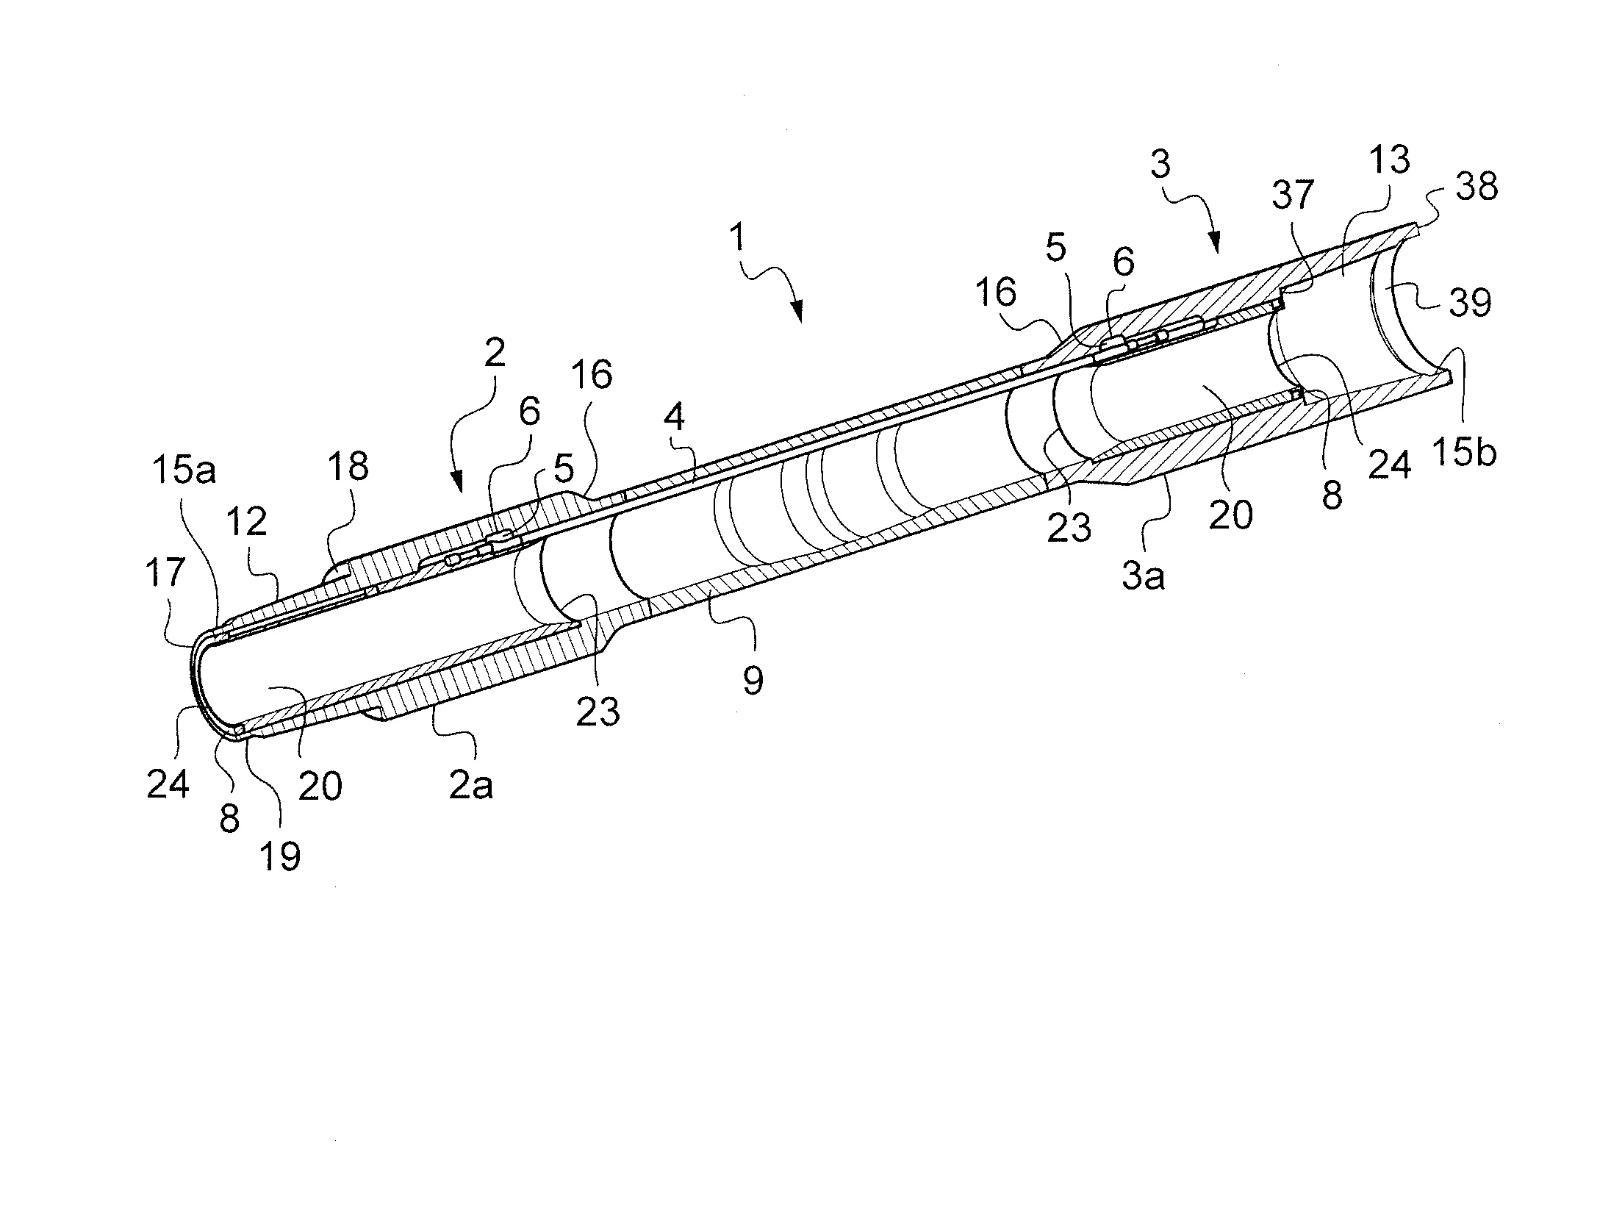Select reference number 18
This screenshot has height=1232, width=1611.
tap(348, 467)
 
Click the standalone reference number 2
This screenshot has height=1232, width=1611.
tap(495, 354)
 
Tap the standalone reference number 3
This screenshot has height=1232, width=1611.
tap(1160, 165)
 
